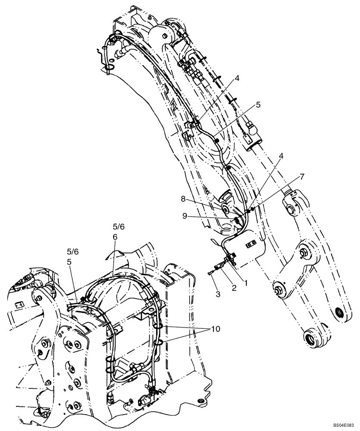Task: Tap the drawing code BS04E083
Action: point(342,424)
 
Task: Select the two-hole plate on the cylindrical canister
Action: point(250,244)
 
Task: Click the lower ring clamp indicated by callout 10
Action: point(158,343)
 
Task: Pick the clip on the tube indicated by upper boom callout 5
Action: point(218,141)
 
